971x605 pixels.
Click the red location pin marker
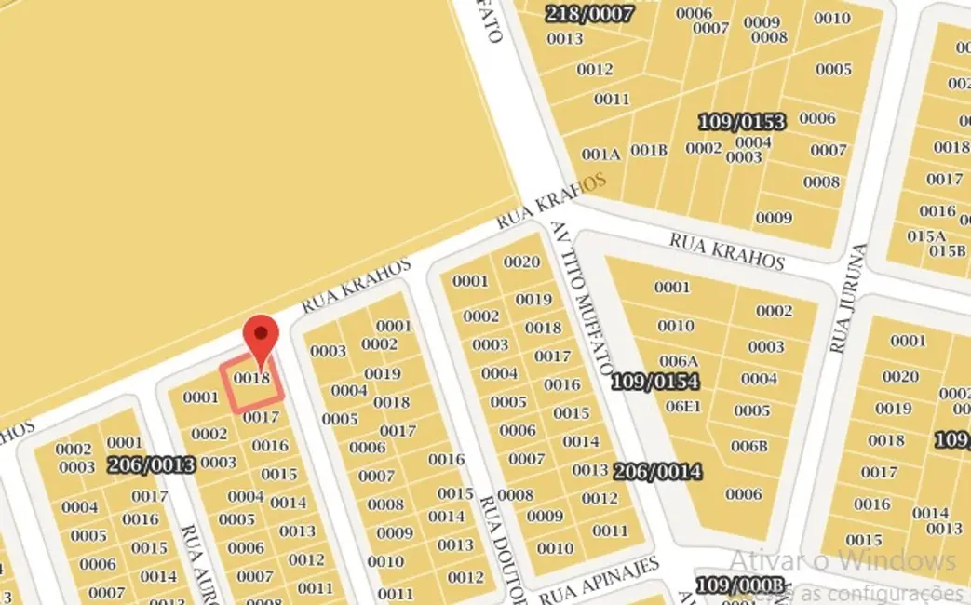pos(261,337)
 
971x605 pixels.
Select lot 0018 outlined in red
pos(251,383)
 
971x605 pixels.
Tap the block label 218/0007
pos(589,13)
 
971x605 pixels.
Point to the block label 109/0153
pos(741,122)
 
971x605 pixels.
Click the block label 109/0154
pos(654,382)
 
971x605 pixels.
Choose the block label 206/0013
pos(152,464)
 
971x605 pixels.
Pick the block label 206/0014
pos(657,472)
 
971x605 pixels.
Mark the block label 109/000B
pos(740,585)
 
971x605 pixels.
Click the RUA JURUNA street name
pos(843,299)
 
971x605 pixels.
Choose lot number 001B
pos(649,150)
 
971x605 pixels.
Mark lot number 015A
pos(926,235)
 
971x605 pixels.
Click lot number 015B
pos(947,250)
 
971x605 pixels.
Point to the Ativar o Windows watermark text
pos(842,560)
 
